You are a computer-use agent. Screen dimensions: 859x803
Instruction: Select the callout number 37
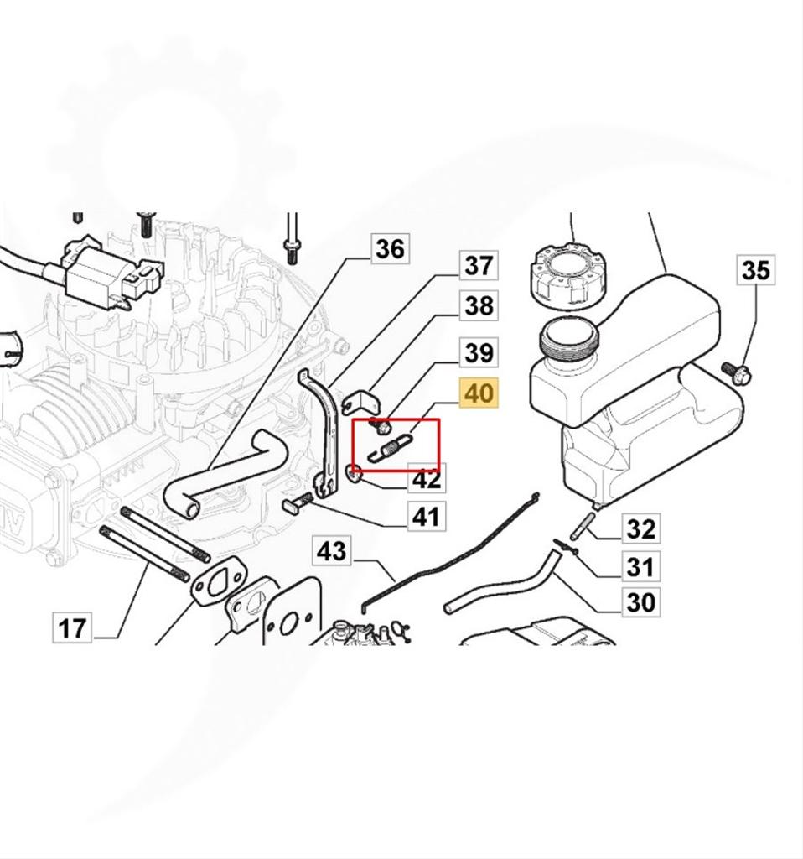pos(479,266)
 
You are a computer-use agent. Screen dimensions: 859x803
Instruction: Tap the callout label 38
pos(479,306)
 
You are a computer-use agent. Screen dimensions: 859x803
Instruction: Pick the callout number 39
pos(479,352)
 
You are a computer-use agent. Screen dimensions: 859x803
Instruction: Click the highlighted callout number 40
pos(479,393)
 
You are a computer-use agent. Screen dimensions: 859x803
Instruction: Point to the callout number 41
pos(426,515)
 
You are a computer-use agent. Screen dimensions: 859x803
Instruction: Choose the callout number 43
pos(331,552)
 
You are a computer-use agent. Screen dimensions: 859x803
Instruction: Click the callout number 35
pos(754,270)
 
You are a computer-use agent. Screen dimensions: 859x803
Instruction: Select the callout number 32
pos(640,529)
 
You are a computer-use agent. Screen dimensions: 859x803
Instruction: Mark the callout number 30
pos(640,601)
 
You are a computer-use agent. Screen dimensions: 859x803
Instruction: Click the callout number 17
pos(72,627)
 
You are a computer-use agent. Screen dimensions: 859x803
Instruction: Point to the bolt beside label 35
pos(736,372)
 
